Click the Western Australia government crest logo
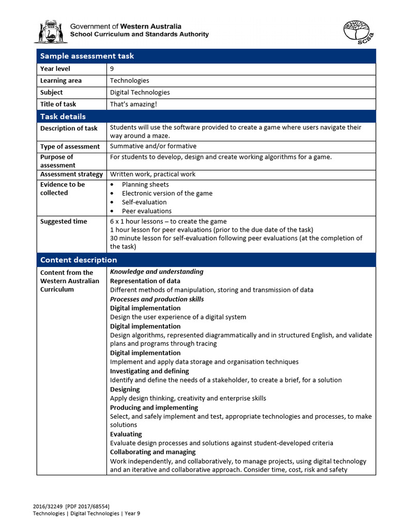(x=50, y=32)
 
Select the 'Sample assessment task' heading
(x=87, y=56)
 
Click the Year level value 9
(x=112, y=69)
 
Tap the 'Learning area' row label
(x=61, y=81)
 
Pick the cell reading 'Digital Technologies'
(x=140, y=93)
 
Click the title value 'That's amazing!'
(x=133, y=105)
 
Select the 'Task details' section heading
(x=63, y=116)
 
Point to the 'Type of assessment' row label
(x=70, y=146)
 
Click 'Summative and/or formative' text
(x=153, y=146)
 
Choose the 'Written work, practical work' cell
(x=152, y=174)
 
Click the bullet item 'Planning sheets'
(x=145, y=185)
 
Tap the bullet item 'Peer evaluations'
(x=146, y=211)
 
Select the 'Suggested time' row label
(x=64, y=222)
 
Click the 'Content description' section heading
(x=79, y=260)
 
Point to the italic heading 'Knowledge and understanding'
(x=157, y=272)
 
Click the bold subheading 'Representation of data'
(x=145, y=281)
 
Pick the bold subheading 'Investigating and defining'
(x=149, y=371)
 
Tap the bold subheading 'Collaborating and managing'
(x=154, y=452)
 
